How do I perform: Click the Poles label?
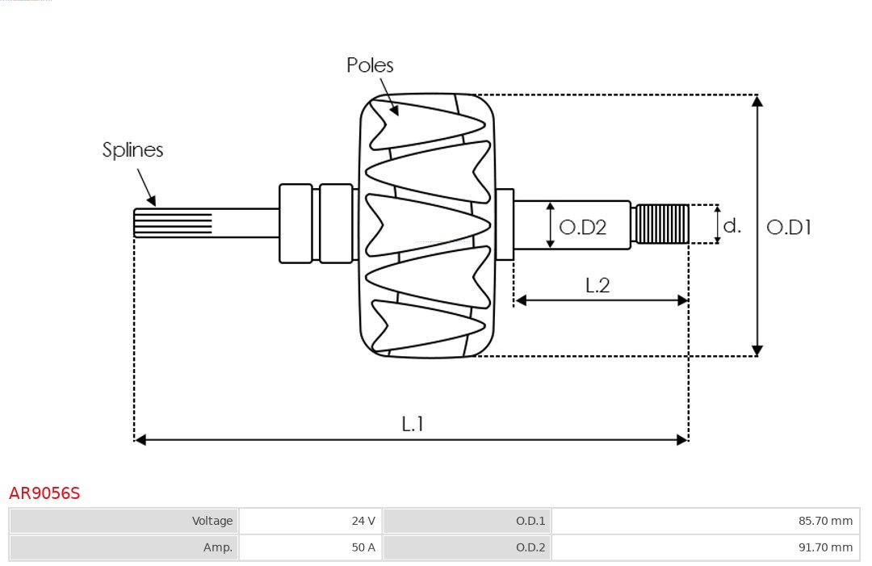point(370,65)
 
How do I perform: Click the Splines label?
point(132,150)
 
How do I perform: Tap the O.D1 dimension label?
point(788,227)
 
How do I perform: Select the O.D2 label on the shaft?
point(582,227)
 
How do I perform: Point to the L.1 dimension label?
point(413,423)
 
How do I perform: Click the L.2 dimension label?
point(597,285)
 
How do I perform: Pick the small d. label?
point(732,225)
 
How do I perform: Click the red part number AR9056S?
point(44,493)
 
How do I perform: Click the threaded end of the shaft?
point(662,224)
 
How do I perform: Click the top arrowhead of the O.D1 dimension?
point(757,100)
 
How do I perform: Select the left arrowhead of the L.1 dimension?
point(140,439)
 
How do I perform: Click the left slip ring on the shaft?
point(296,224)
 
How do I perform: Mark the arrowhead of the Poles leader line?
point(395,111)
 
